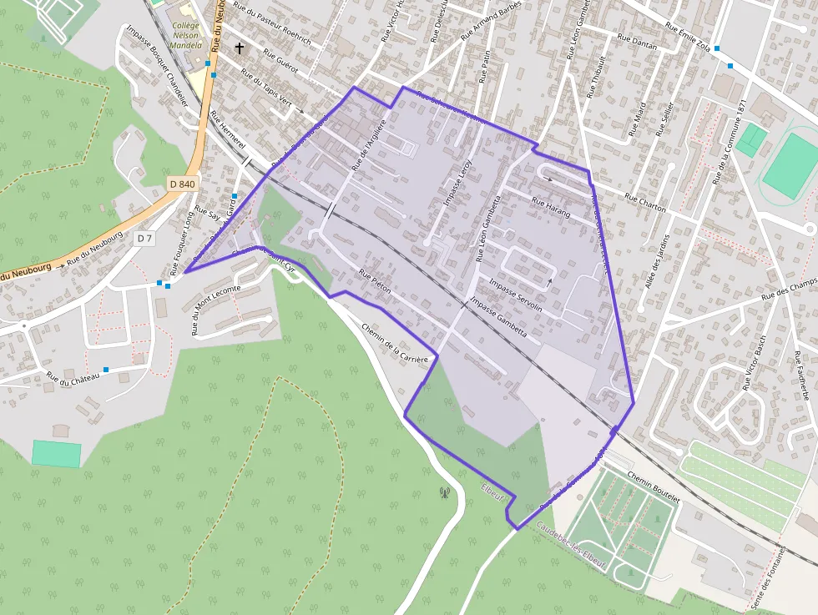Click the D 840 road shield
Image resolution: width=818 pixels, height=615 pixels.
point(181,184)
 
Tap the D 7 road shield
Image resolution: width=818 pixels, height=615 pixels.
point(144,239)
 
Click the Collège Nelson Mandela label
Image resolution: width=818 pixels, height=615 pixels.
point(186,35)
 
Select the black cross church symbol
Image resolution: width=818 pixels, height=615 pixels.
point(240,48)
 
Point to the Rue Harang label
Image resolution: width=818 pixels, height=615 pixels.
point(551,208)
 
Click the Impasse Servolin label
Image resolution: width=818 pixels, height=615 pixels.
point(516,295)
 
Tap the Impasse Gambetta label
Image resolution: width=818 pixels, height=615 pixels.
point(498,316)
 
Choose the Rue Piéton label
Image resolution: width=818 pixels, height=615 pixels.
point(375,284)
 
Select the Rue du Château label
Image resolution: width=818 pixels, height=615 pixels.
point(73,378)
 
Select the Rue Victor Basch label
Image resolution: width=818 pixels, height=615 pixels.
point(754,364)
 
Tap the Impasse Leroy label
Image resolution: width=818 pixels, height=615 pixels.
point(457,183)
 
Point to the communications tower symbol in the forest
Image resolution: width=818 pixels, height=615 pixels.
point(444,491)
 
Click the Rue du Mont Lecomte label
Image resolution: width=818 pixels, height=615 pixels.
point(215,310)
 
